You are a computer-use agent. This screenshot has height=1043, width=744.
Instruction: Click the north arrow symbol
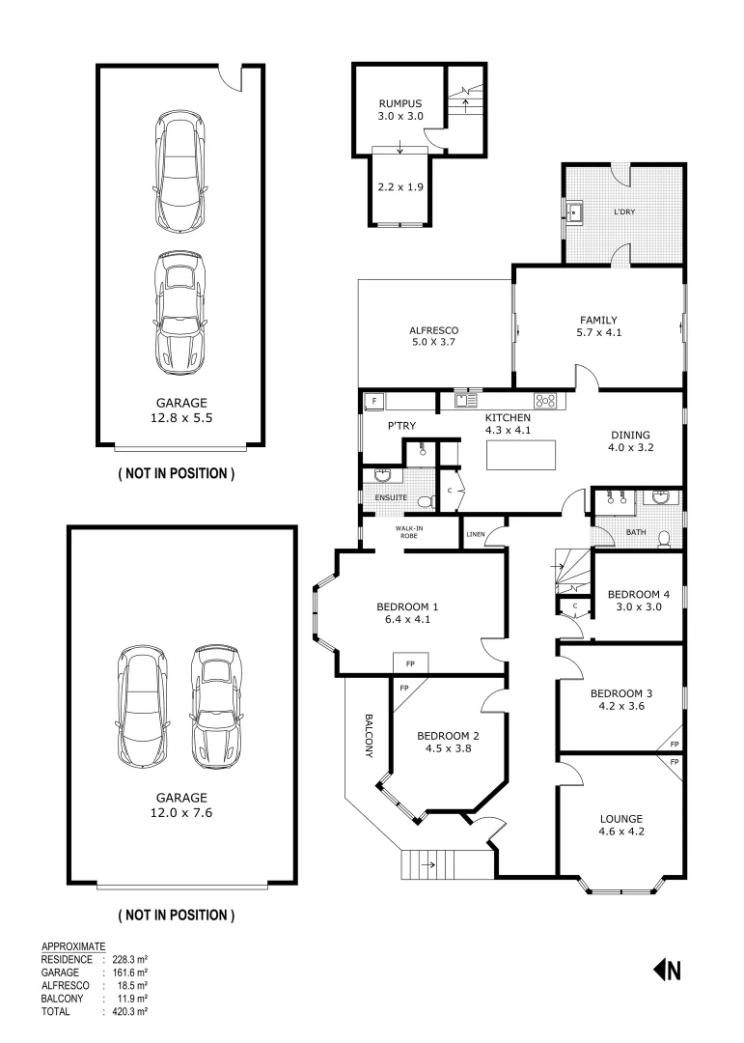coord(668,971)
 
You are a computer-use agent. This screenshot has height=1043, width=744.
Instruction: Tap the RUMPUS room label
coord(400,103)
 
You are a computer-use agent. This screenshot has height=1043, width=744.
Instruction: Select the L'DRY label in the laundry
coord(623,211)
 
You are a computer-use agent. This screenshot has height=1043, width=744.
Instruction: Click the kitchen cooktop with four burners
coord(544,400)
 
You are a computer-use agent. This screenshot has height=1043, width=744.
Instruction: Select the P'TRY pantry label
coord(401,426)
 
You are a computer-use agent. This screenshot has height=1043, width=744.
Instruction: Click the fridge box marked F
coord(372,399)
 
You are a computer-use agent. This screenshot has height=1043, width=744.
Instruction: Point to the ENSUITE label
coord(389,498)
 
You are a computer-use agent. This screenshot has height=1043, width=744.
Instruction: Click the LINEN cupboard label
coord(475,534)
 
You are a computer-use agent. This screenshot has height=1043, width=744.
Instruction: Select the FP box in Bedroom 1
coord(410,664)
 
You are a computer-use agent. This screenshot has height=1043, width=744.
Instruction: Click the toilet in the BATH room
coord(663,538)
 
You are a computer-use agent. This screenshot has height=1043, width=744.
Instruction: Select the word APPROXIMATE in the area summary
coord(73,946)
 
